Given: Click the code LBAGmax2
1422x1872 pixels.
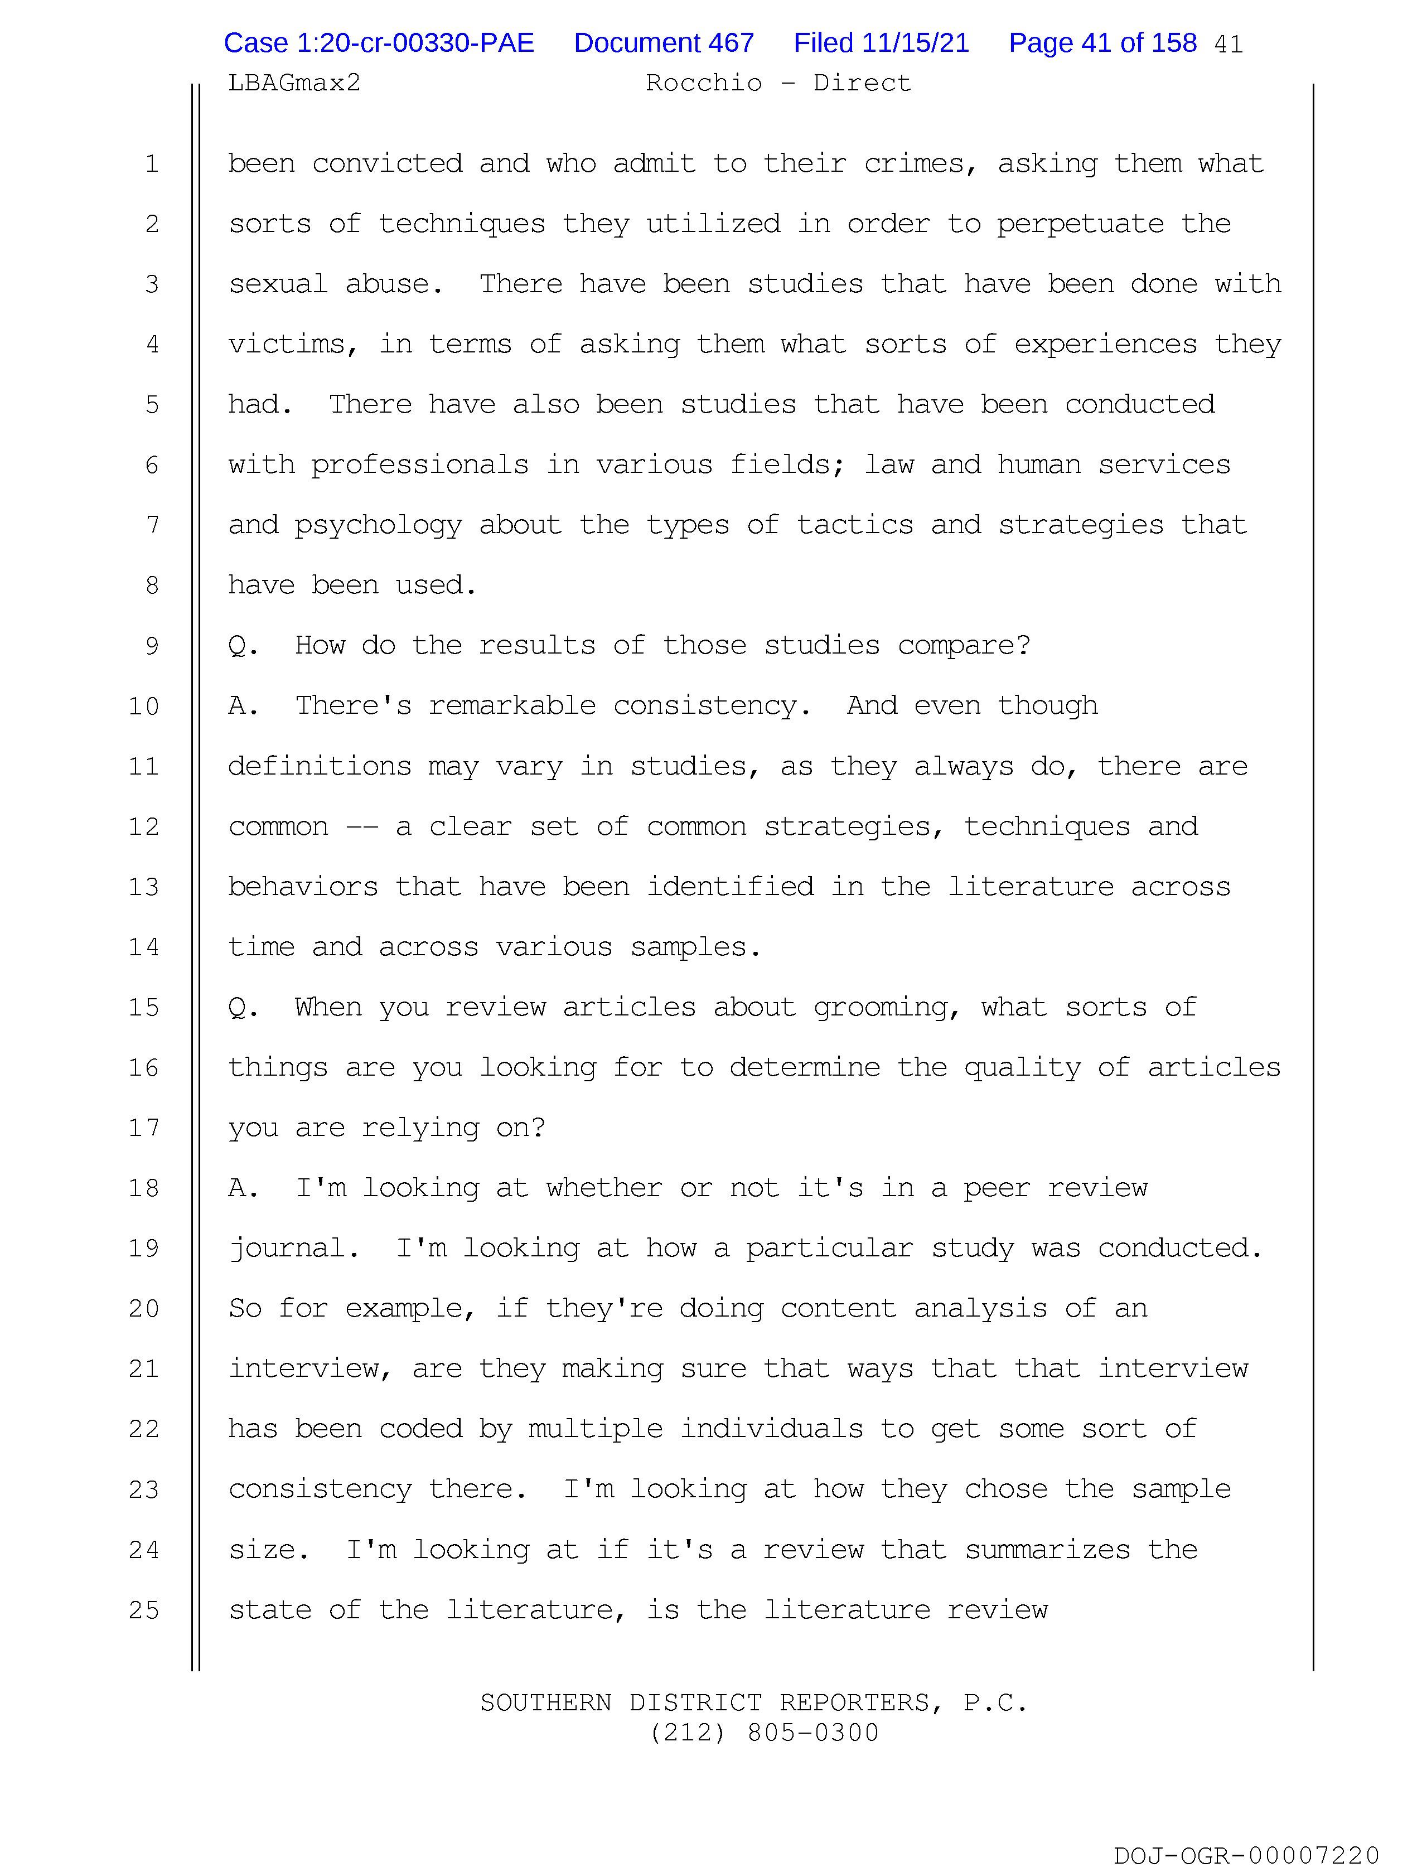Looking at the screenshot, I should (x=294, y=83).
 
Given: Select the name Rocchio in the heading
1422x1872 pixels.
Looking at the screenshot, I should (x=703, y=83).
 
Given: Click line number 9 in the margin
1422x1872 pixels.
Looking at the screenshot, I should (x=152, y=646).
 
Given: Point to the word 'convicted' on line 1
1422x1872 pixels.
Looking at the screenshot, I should (x=387, y=163).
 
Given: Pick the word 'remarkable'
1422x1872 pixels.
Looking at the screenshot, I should (x=512, y=706).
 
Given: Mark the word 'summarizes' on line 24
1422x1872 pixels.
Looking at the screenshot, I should (x=1047, y=1550).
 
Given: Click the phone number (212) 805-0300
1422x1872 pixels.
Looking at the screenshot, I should (x=765, y=1733).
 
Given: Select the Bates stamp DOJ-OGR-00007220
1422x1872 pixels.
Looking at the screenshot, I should (x=1246, y=1856).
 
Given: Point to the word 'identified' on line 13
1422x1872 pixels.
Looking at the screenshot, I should (x=729, y=887).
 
